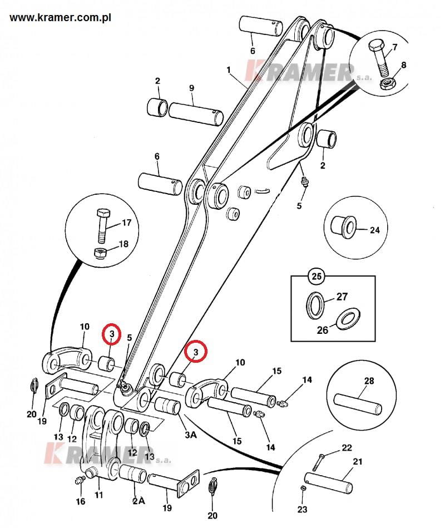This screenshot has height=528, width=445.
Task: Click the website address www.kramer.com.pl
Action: click(60, 18)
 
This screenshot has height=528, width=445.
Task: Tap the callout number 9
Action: click(191, 88)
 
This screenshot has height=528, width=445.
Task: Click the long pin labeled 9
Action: click(196, 114)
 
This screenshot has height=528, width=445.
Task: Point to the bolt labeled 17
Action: click(102, 225)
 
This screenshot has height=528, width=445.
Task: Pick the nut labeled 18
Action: click(100, 253)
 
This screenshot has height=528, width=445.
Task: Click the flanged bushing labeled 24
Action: click(344, 226)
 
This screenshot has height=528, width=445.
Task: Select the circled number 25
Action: click(317, 277)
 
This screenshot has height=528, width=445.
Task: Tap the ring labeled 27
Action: click(315, 305)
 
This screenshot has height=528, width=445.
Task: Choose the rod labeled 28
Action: click(358, 404)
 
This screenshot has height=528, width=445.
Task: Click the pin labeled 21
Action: click(329, 484)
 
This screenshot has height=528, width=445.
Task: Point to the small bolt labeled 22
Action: click(318, 463)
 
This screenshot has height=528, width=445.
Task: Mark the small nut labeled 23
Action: click(303, 488)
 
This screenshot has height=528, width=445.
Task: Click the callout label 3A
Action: click(191, 435)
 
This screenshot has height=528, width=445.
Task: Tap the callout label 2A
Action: click(139, 501)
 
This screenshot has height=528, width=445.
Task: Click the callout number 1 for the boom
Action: click(229, 70)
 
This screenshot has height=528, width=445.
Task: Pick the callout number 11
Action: click(98, 495)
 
